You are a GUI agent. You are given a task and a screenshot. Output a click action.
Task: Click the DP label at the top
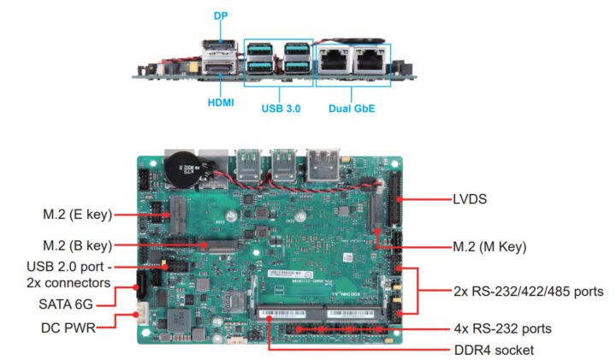coord(221,15)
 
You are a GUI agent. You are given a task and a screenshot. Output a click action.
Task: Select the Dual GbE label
coord(352,109)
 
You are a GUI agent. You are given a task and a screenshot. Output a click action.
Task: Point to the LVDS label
coord(471,199)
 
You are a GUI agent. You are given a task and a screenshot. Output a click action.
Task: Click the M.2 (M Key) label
coord(489,246)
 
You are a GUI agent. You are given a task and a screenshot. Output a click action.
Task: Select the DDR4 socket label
coord(493,350)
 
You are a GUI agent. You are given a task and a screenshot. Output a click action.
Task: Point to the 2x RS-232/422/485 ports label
coord(528,292)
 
